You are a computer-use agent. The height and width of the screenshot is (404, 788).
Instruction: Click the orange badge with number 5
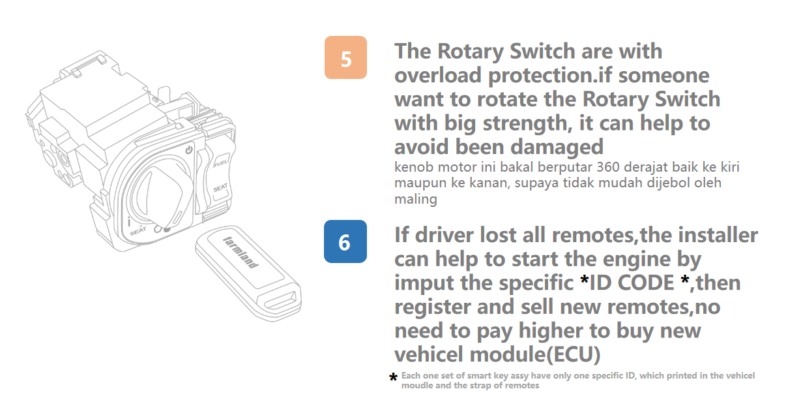[345, 57]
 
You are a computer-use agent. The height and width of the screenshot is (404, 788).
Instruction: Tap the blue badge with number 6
[345, 241]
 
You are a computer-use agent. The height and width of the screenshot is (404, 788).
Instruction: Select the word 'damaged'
[557, 147]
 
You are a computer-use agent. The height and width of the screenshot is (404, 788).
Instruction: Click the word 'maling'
[415, 199]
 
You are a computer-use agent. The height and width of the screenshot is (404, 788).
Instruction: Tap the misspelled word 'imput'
[424, 283]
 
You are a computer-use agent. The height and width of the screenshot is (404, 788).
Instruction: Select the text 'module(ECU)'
[535, 354]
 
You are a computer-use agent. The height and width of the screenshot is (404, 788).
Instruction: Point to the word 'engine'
[637, 260]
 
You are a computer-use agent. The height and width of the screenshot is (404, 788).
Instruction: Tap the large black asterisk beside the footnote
[393, 378]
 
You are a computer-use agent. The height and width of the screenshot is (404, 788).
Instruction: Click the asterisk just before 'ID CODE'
[584, 280]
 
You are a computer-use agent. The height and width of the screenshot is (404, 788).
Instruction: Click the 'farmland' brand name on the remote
[241, 252]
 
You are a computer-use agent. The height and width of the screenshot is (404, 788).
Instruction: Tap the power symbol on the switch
[189, 149]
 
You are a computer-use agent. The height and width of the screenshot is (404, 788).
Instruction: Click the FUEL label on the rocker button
[220, 163]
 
